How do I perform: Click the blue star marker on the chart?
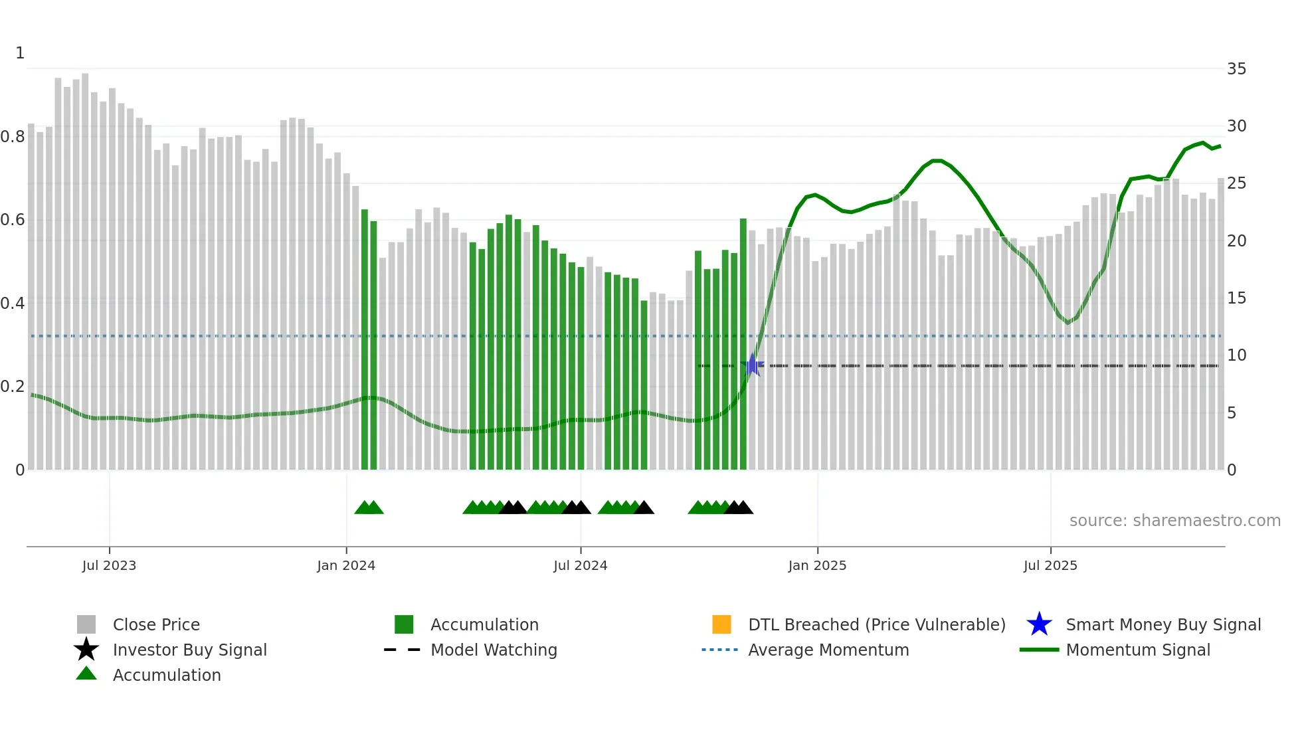click(752, 365)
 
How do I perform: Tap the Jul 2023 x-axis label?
click(109, 566)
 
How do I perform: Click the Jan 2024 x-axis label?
click(346, 566)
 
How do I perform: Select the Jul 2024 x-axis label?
click(581, 566)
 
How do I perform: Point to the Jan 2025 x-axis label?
click(817, 566)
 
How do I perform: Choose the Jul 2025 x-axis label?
click(1050, 566)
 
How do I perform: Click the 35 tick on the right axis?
click(1236, 69)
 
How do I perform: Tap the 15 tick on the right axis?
click(1236, 298)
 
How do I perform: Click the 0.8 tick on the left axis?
click(13, 137)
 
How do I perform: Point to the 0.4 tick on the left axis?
click(13, 304)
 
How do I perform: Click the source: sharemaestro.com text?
click(1174, 521)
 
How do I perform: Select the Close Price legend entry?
click(156, 625)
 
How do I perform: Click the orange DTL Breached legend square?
click(721, 624)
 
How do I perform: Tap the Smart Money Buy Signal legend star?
click(1039, 624)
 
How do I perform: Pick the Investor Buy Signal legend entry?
click(189, 650)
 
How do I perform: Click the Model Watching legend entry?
click(493, 650)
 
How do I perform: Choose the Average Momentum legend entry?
click(828, 650)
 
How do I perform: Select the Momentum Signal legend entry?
click(1137, 650)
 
